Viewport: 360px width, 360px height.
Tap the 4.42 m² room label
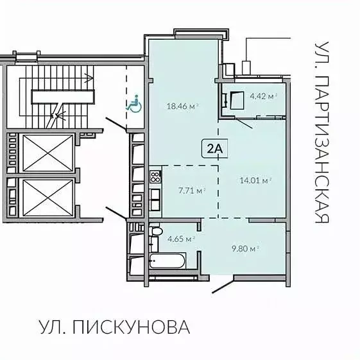coord(262,97)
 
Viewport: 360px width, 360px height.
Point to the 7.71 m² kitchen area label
coord(191,190)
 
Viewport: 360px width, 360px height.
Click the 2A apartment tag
coord(214,149)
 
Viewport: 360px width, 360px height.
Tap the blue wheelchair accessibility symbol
coord(134,105)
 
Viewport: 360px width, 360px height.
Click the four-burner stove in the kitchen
coord(155,176)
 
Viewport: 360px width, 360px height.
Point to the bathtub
coord(167,261)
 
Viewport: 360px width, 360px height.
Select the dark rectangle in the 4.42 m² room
coord(236,100)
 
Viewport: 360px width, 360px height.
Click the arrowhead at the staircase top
coord(89,79)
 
